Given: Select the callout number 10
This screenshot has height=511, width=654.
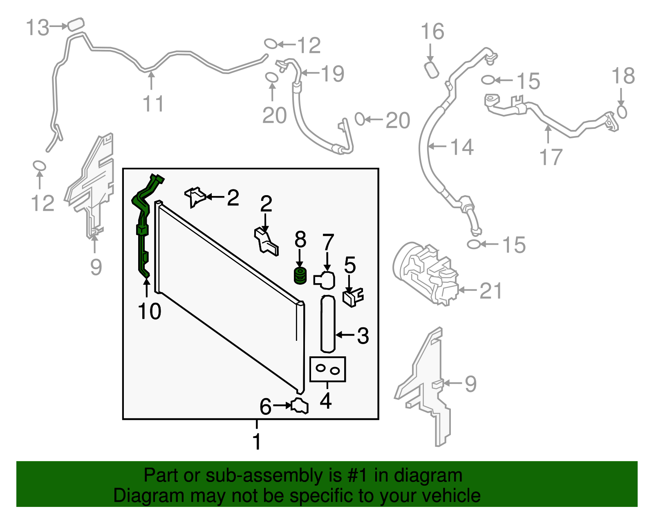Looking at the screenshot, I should coord(150,311).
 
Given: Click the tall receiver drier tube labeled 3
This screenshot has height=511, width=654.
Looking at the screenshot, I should coord(328,323).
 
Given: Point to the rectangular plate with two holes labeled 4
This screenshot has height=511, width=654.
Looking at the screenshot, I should coord(328,369).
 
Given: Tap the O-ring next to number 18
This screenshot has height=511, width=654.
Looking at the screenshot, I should coord(622,112).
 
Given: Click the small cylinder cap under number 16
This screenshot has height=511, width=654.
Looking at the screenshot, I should coord(432,70).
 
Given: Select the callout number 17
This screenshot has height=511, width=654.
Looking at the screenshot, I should coord(551,157).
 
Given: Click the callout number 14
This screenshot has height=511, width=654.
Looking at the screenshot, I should coord(462,147).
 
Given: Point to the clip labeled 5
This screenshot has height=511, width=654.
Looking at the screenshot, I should coord(353,297).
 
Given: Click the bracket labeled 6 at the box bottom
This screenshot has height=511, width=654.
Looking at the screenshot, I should coord(300,405).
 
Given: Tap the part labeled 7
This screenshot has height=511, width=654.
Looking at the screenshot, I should coord(325,280).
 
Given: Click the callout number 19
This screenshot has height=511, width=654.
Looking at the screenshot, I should coord(332,74).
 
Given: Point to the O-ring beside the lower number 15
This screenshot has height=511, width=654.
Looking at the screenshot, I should coord(473,244).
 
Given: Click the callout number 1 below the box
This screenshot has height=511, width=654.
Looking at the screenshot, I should coord(257,442).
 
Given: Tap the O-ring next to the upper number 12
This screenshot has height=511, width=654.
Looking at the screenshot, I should coord(270,43).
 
